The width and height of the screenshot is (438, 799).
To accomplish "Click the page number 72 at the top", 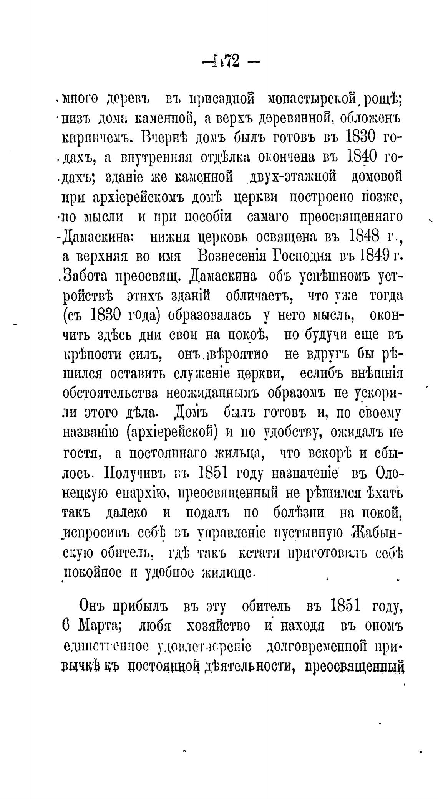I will (x=230, y=61).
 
